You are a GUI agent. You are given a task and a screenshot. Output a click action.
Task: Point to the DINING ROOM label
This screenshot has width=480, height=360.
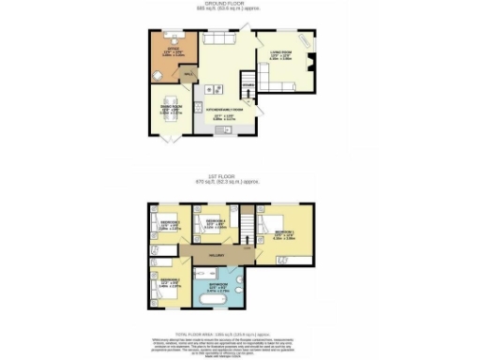tap(171, 110)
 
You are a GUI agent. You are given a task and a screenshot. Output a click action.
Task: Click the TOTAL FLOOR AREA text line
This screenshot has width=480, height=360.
tap(240, 333)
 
